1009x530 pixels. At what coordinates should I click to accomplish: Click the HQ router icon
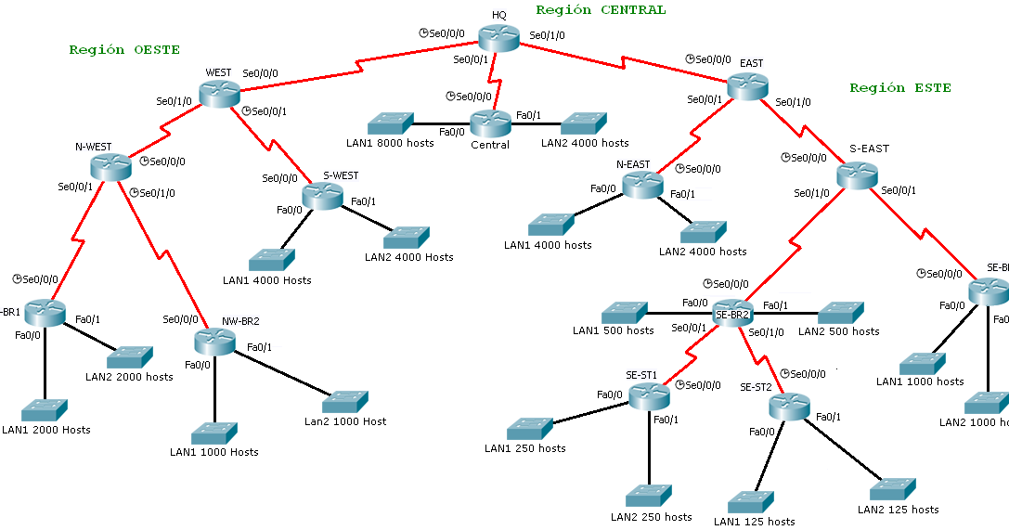click(x=499, y=38)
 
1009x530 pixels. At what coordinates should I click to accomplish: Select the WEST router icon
click(x=220, y=93)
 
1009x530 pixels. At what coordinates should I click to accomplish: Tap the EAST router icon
click(x=748, y=86)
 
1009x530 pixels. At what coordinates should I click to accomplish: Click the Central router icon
click(x=490, y=123)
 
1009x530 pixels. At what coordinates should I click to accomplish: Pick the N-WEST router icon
click(x=112, y=167)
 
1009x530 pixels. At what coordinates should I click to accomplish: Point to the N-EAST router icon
click(x=643, y=185)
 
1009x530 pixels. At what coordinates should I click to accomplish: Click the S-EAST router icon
click(x=857, y=174)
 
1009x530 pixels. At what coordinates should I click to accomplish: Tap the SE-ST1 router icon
click(x=648, y=396)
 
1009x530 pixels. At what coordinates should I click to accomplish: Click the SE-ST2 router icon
click(x=789, y=406)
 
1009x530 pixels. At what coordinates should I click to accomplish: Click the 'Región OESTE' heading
click(x=124, y=49)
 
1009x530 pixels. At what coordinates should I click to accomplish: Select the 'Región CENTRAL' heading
click(x=601, y=10)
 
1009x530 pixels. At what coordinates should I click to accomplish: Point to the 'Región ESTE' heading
click(x=899, y=88)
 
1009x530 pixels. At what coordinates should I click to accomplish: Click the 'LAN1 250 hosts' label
click(x=524, y=448)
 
